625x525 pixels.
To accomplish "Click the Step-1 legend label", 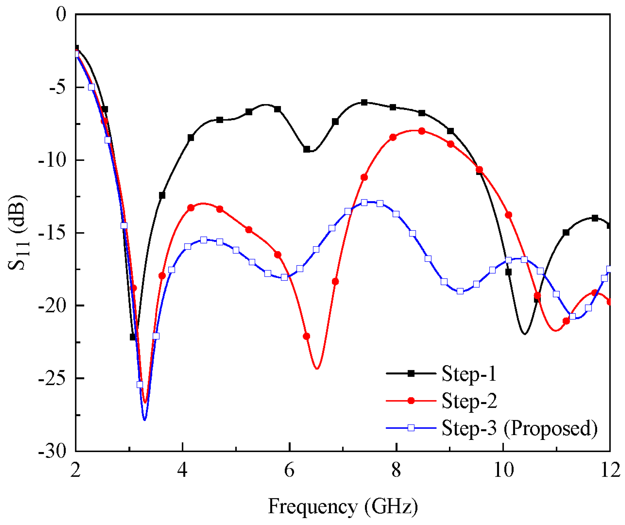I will click(469, 374).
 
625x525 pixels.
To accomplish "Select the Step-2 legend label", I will click(469, 401).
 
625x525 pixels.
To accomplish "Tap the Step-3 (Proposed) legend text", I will click(519, 428).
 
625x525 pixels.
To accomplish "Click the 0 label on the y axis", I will click(61, 15).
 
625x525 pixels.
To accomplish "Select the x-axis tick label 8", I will click(396, 470).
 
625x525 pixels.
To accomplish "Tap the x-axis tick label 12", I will click(610, 470).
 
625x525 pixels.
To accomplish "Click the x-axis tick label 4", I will click(182, 470).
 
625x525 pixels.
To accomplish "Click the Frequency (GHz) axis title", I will click(343, 506).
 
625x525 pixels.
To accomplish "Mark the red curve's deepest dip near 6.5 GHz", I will click(317, 369).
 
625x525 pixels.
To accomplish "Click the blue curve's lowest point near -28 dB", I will click(145, 420).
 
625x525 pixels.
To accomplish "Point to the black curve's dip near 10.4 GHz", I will click(525, 334).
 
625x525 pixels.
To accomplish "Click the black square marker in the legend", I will click(411, 374).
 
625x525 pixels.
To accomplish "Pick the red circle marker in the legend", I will click(411, 401).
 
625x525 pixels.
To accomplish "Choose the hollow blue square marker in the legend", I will click(411, 428).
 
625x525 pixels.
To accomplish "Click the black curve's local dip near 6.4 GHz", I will click(310, 151).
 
